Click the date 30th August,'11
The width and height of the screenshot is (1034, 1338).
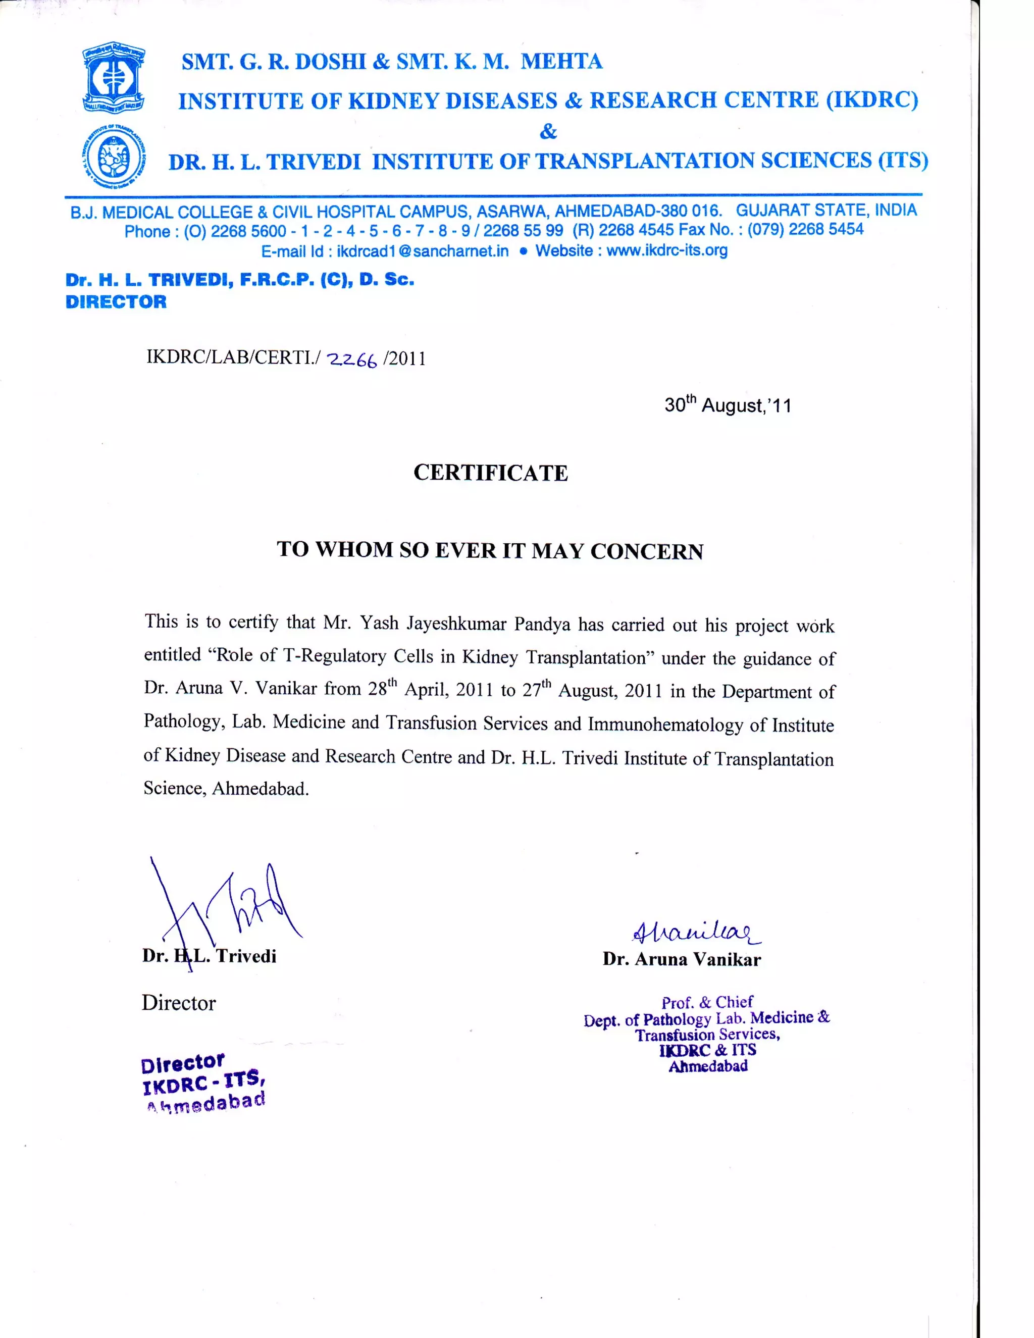click(x=728, y=405)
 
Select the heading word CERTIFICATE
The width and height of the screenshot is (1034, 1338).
click(x=491, y=473)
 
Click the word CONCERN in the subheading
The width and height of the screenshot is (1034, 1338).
click(x=646, y=551)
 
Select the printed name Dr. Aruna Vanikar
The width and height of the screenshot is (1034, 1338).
click(x=681, y=959)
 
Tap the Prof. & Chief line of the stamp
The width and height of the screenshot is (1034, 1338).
click(x=707, y=1002)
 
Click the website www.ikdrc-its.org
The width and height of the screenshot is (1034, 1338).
click(x=666, y=250)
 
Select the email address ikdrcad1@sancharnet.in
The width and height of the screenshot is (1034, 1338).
click(x=422, y=251)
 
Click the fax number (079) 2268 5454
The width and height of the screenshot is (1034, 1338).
click(x=805, y=230)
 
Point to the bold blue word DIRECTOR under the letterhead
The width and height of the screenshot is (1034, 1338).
click(x=116, y=302)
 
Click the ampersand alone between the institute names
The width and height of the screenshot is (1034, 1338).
click(x=548, y=131)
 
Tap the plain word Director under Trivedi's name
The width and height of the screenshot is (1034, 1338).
click(x=179, y=1003)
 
